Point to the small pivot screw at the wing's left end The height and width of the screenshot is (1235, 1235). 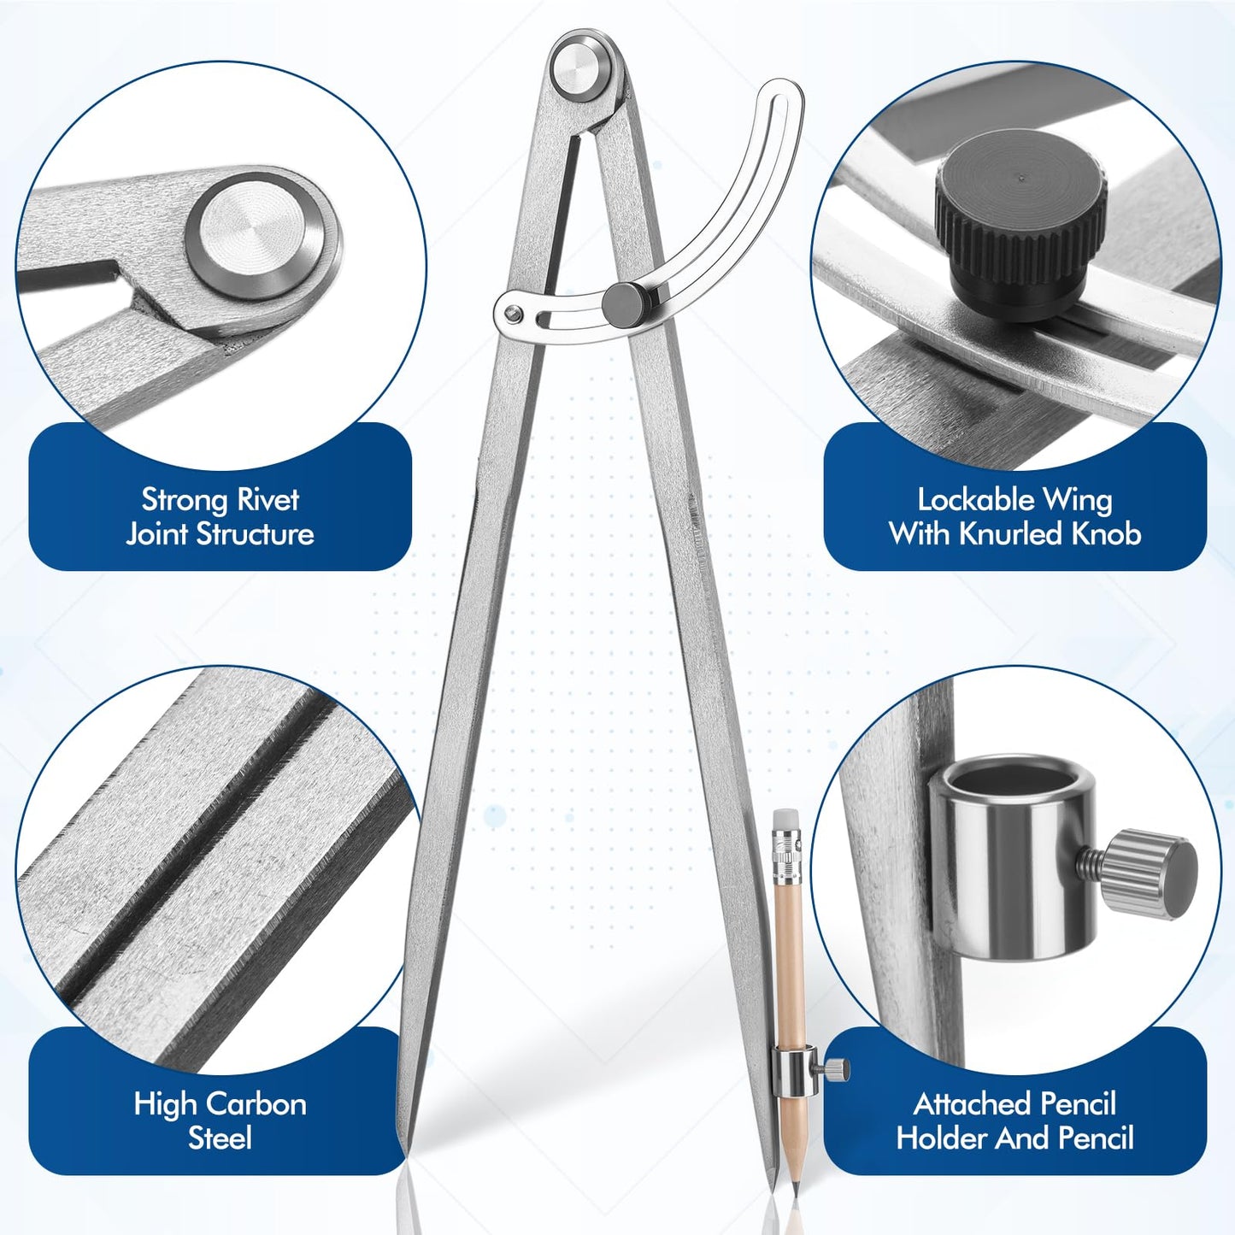coord(511,314)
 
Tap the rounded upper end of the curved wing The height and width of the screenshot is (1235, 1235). coord(781,96)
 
